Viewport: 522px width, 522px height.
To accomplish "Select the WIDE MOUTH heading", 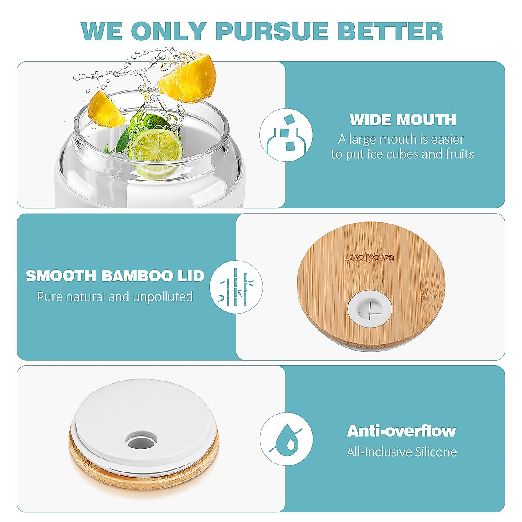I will point(403,120).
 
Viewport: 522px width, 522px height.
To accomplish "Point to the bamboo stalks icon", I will point(236,287).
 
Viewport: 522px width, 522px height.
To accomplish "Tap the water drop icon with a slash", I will point(286,439).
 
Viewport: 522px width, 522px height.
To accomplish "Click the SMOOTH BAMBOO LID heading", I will point(115,276).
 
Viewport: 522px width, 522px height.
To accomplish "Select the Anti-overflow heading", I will point(401,431).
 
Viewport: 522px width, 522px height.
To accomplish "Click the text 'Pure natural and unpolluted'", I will point(115,297).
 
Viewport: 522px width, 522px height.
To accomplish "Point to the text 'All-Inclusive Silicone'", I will point(402,452).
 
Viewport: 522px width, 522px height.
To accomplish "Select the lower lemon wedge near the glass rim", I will point(106,109).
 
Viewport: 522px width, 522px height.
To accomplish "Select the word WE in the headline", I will point(101,31).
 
